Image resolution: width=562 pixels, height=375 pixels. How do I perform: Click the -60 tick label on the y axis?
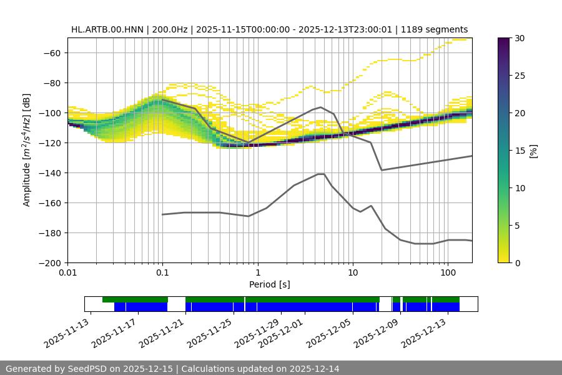pos(51,52)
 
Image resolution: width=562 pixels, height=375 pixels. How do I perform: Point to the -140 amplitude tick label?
pos(49,172)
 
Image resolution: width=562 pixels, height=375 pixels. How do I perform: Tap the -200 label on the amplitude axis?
pos(49,262)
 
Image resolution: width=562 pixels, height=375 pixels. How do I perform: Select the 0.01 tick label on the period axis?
pos(67,273)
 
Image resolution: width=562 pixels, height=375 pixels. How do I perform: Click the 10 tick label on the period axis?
pos(353,273)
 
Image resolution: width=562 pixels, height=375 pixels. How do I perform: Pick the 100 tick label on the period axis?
pos(448,273)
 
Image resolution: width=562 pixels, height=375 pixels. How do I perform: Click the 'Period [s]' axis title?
pos(269,284)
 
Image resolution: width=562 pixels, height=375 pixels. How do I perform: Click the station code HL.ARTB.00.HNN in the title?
pos(102,29)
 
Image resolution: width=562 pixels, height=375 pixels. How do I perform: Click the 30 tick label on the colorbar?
pos(520,38)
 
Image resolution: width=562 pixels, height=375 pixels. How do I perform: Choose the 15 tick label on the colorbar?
pos(520,151)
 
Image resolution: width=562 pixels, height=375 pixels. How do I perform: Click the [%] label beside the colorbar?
pos(533,151)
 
